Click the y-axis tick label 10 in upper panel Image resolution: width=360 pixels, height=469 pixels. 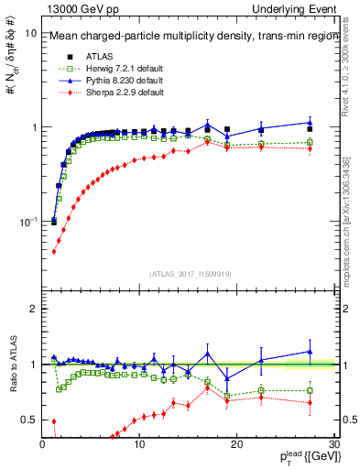30,33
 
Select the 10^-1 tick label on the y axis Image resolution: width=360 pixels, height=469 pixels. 27,223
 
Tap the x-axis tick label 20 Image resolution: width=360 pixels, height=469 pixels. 236,444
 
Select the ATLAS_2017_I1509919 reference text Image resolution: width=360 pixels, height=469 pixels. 188,273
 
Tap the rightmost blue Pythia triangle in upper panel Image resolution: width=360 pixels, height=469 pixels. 310,122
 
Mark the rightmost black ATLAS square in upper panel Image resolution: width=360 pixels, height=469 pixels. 310,129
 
